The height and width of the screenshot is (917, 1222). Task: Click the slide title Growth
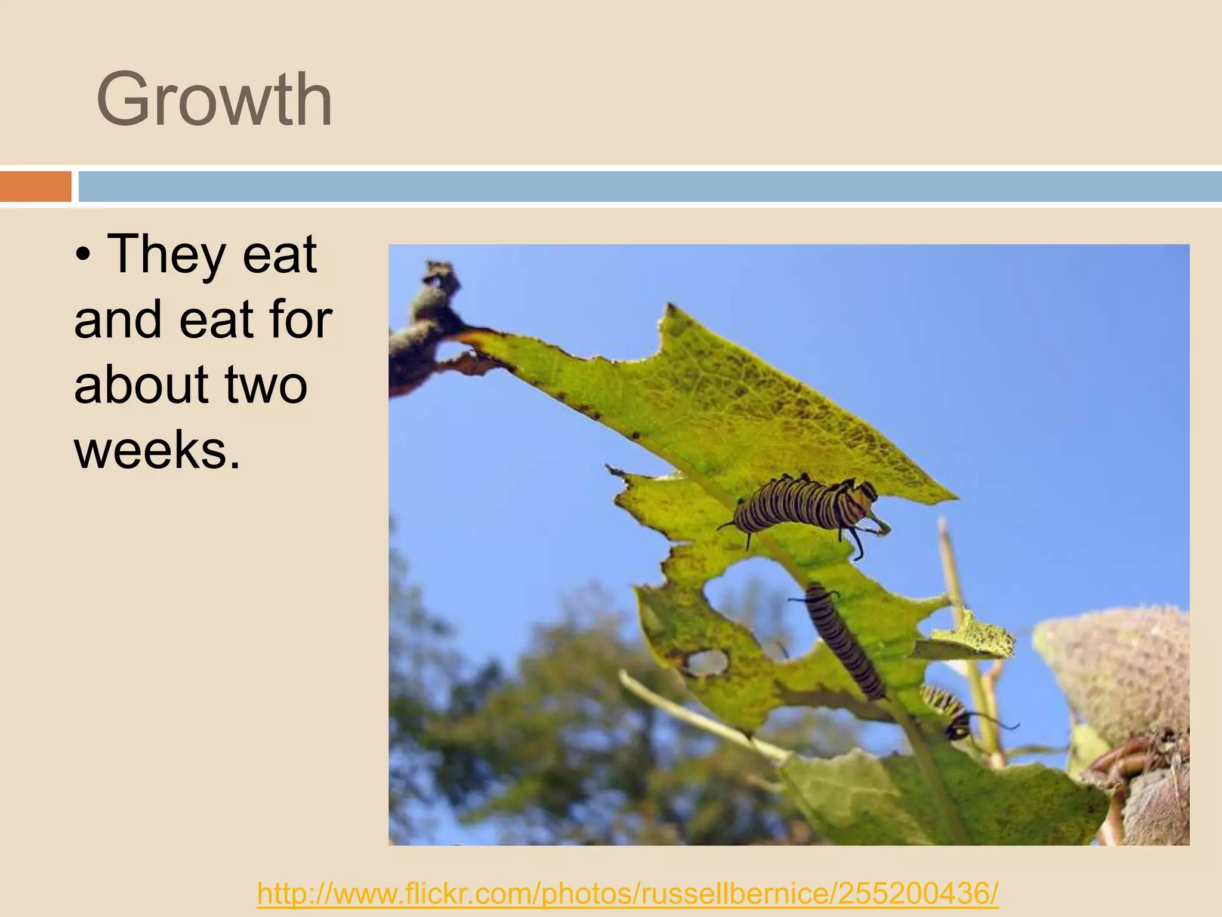(214, 100)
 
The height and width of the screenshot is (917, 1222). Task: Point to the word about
(141, 384)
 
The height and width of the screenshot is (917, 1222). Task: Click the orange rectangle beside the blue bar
(35, 186)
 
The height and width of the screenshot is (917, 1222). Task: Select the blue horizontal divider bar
(649, 186)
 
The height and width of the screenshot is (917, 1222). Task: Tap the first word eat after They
(279, 255)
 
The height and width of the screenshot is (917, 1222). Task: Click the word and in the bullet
(118, 320)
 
